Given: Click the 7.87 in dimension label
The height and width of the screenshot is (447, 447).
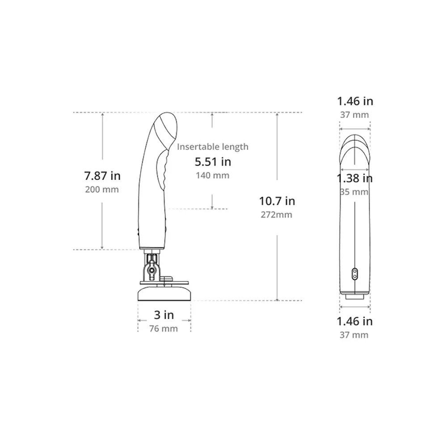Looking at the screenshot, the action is coord(102,176).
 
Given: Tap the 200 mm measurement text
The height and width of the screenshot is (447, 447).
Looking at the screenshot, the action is coord(102,190).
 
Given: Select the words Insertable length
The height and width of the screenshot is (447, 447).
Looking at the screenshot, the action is coord(213,147).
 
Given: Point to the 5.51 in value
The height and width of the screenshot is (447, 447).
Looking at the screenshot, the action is coord(213,162).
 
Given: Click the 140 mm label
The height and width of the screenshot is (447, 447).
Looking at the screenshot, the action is coord(212,175).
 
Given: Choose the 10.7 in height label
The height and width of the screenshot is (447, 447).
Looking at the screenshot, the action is coord(277,201).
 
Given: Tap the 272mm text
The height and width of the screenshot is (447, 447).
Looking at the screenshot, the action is coord(276,215).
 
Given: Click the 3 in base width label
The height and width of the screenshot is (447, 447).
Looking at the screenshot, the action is coord(164,315).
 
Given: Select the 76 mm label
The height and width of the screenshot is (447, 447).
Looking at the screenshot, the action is coord(163,329).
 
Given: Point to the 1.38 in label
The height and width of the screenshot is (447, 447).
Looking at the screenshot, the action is coord(354,178).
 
